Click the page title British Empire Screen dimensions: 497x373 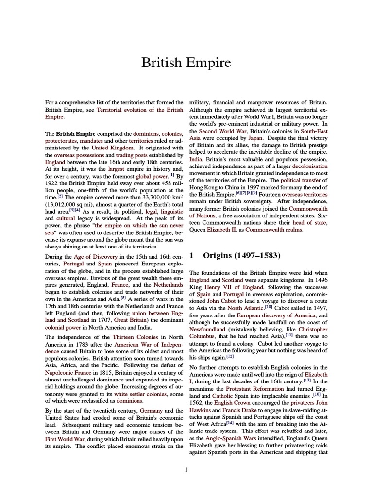[x=186, y=63]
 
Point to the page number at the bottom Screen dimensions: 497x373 [x=186, y=469]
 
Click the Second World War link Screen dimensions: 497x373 [x=223, y=131]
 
